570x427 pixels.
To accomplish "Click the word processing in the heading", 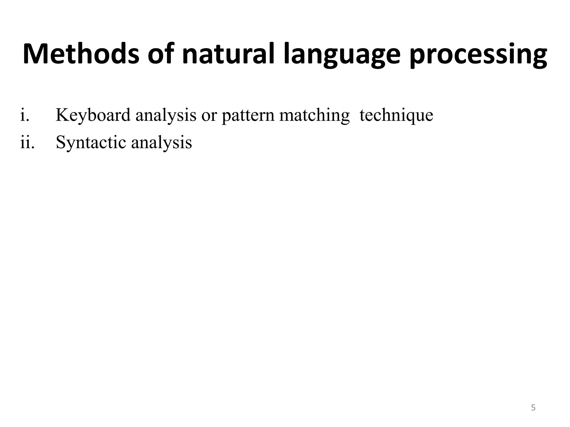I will click(x=478, y=56).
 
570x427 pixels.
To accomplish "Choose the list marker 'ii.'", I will click(x=27, y=142).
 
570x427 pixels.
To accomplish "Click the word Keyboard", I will click(x=93, y=115).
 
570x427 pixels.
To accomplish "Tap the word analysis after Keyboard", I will click(x=166, y=115).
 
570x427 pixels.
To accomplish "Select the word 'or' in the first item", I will click(x=209, y=115).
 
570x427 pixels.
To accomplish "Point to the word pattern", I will click(x=248, y=115).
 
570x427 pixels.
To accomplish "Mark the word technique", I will click(x=396, y=115).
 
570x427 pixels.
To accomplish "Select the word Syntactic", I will click(x=91, y=143).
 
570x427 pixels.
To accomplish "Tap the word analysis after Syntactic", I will click(x=161, y=143).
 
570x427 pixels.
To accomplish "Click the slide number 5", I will click(x=533, y=408).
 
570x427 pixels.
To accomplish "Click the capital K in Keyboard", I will click(x=62, y=115).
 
